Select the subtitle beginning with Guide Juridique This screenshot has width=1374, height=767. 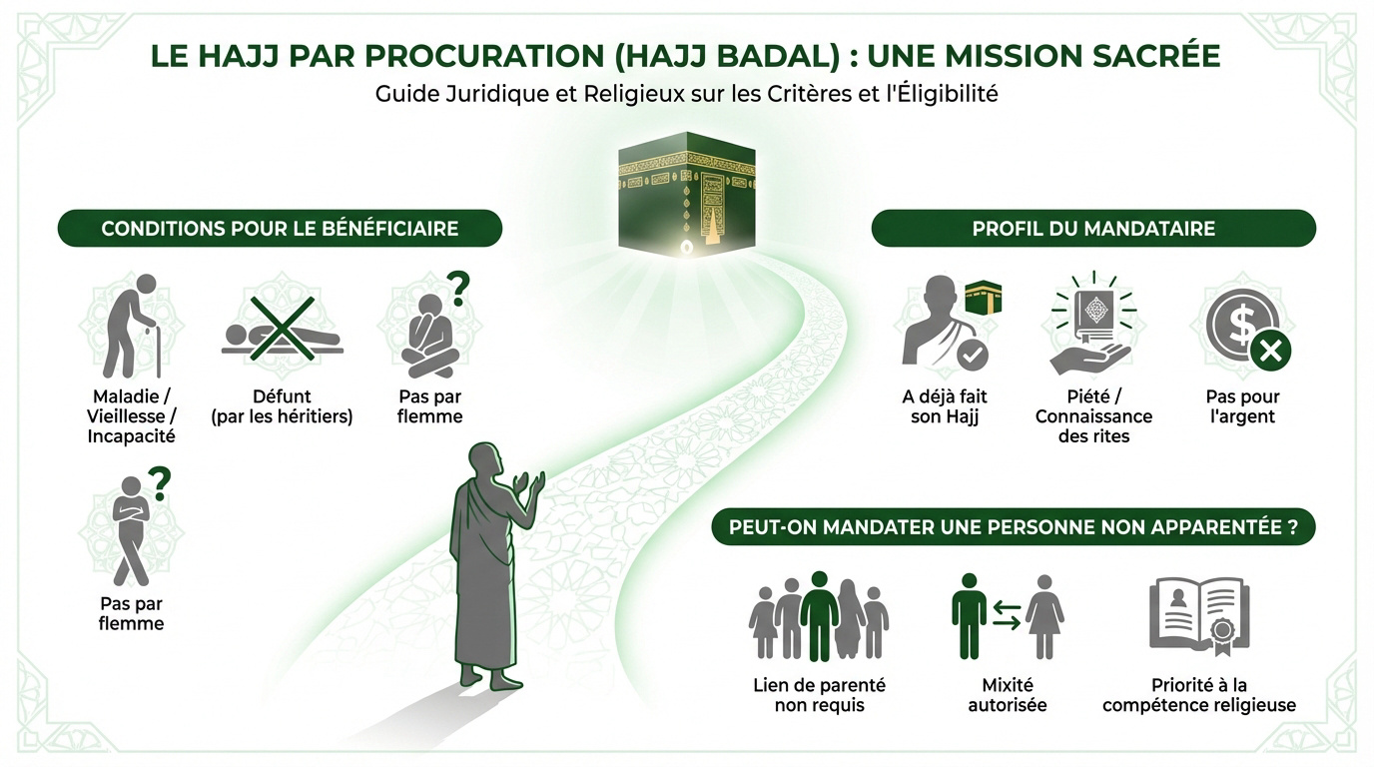click(687, 96)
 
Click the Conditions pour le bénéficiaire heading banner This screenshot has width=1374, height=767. click(280, 229)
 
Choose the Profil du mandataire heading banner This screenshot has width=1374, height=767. click(1093, 229)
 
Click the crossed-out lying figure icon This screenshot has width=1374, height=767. click(282, 329)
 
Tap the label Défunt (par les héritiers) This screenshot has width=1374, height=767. click(282, 406)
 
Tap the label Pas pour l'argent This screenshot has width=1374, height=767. click(1242, 406)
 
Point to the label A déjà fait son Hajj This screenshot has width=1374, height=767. click(944, 406)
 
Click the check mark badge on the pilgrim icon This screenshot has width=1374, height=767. click(972, 354)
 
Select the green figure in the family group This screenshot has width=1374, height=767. click(819, 615)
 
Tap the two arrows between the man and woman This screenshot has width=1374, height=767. click(1007, 615)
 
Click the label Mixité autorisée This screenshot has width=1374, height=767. click(1007, 695)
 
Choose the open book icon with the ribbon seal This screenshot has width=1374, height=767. click(1198, 615)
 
